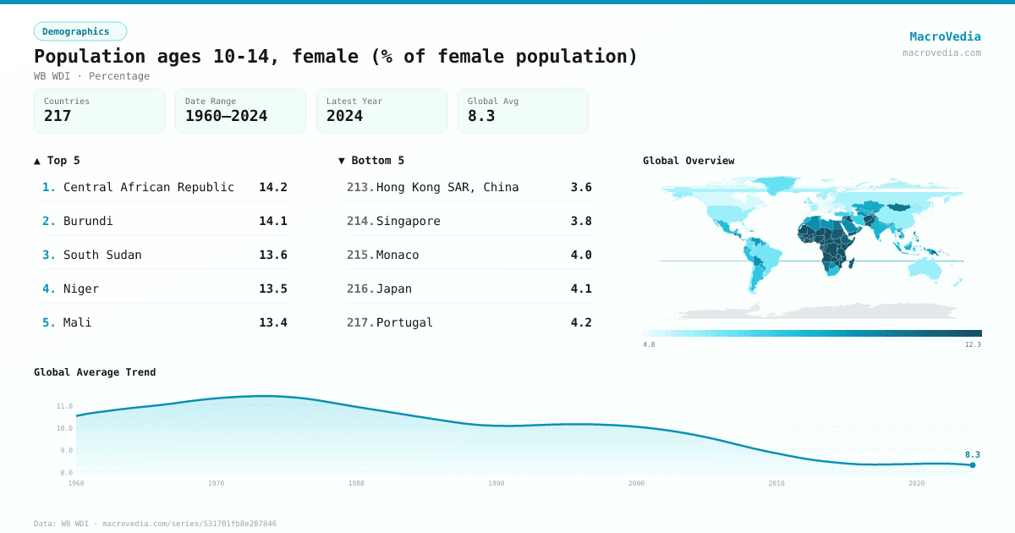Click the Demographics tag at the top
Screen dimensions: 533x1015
(80, 31)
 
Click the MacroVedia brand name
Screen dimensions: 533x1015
(945, 36)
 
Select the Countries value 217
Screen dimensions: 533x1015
(58, 116)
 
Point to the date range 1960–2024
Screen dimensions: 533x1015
(226, 116)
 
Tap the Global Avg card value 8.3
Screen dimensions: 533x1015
(480, 116)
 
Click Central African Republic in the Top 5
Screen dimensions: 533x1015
(149, 187)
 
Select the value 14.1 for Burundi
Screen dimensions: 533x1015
(272, 221)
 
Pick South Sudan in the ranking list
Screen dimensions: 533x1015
(102, 255)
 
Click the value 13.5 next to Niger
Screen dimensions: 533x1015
(272, 288)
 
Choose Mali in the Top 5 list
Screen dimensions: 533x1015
(78, 322)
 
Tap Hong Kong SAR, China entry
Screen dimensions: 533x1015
(447, 187)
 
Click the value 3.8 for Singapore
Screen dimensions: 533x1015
(581, 221)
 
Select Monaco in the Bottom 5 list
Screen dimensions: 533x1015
(398, 255)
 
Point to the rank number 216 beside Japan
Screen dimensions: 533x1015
(360, 288)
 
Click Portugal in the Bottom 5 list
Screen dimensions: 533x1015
(404, 322)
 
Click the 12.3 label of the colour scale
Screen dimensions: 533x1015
(973, 344)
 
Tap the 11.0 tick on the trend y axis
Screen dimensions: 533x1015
(64, 406)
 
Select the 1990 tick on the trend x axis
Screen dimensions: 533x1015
(497, 483)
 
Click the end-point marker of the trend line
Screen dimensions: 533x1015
(973, 464)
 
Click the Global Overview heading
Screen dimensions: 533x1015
(689, 161)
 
